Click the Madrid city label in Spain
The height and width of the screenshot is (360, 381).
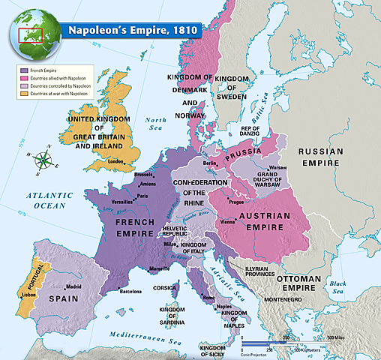click(x=73, y=286)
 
